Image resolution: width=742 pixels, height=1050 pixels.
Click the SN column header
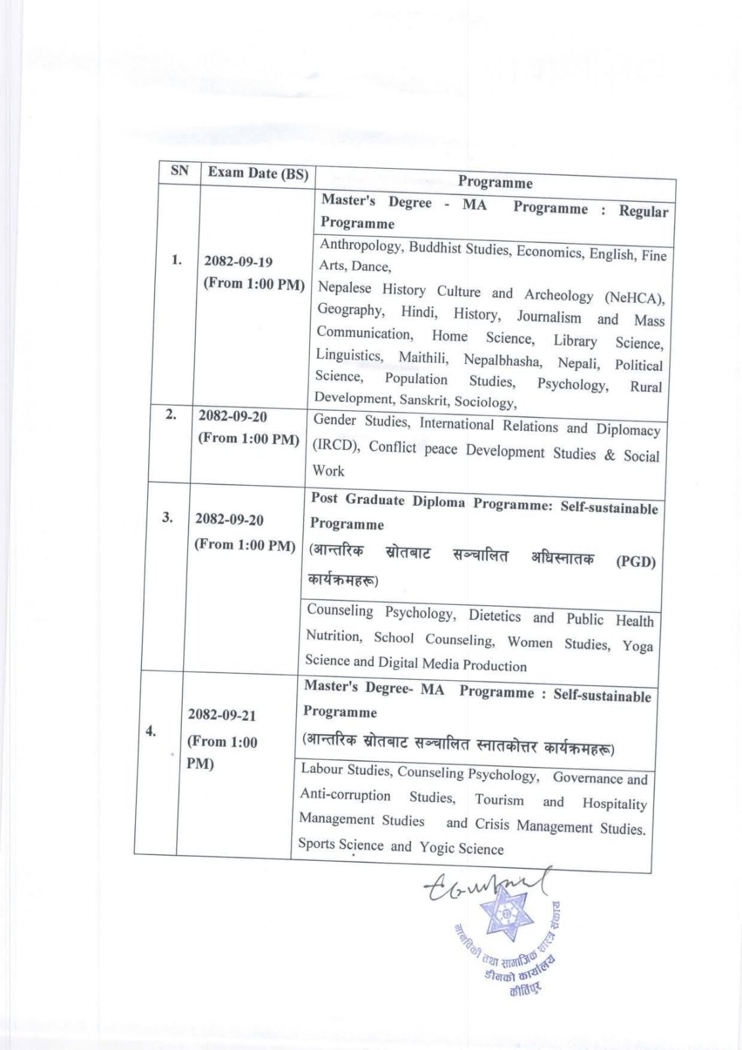[179, 171]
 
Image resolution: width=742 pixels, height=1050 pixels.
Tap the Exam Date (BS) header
[258, 173]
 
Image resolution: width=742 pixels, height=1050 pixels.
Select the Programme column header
[495, 182]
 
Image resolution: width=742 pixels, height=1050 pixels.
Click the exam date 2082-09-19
[238, 261]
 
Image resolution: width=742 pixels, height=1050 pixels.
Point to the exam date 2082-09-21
[222, 714]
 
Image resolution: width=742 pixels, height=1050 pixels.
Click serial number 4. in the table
[151, 731]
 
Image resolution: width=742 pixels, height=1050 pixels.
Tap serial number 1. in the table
[177, 260]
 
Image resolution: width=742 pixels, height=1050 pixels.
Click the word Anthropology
[360, 246]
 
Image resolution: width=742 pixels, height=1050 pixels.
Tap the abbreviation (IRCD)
[336, 445]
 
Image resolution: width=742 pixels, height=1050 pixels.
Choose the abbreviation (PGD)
[636, 561]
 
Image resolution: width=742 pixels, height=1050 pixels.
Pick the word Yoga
[638, 645]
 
